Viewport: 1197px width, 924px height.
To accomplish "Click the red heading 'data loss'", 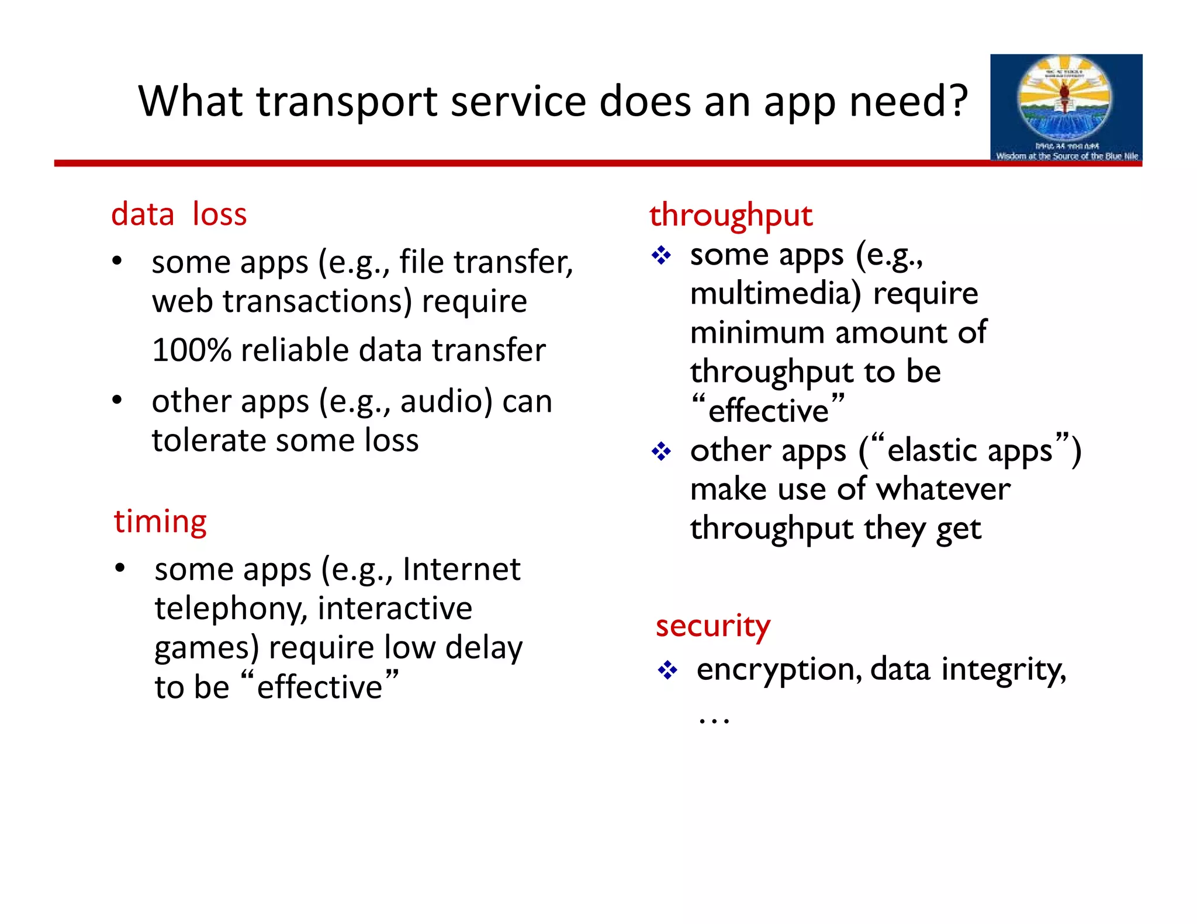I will click(179, 214).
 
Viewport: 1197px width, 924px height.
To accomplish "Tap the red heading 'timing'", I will click(160, 522).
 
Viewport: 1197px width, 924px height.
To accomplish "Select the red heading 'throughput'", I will click(731, 216).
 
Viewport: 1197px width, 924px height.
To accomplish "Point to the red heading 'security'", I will click(712, 626).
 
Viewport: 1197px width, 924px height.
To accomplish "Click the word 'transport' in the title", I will click(347, 102).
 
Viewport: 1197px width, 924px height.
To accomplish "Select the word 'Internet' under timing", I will click(461, 569).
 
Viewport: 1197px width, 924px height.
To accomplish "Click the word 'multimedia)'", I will click(776, 293).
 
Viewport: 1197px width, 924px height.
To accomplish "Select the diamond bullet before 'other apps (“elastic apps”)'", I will click(661, 451).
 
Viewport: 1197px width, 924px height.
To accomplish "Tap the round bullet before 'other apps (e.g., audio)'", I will click(117, 401).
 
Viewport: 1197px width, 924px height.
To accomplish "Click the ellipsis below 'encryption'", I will click(714, 720).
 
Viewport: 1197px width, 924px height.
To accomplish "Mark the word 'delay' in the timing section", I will click(483, 648).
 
